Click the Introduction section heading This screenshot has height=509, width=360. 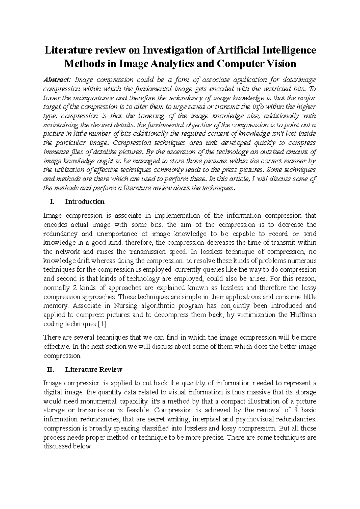tap(85, 201)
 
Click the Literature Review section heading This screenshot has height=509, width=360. tap(94, 370)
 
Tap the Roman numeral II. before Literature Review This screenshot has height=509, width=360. tap(51, 370)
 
